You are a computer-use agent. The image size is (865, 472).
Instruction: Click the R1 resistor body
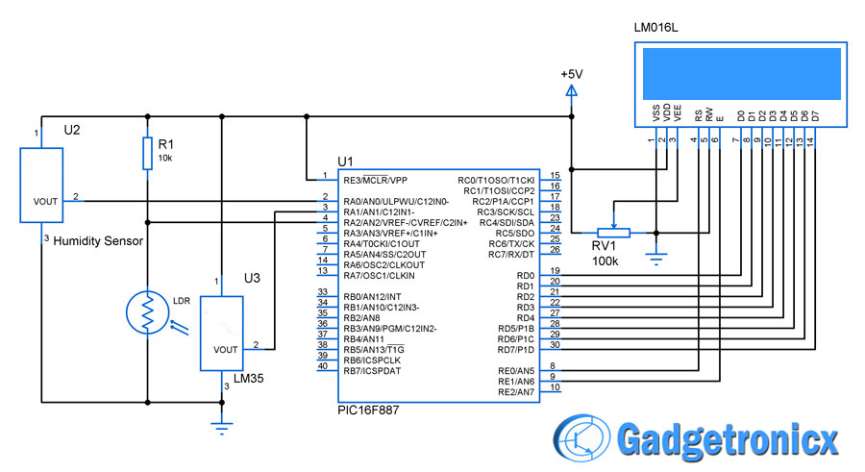(147, 153)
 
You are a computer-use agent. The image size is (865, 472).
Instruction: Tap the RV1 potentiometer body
(613, 233)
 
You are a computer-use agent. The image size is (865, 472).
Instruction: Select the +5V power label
(572, 74)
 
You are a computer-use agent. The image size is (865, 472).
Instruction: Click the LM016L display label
(655, 28)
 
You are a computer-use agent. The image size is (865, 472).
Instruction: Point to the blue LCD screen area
(742, 73)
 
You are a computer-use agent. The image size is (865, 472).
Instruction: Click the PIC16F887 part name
(368, 410)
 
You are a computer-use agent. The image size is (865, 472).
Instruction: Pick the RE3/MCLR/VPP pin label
(375, 181)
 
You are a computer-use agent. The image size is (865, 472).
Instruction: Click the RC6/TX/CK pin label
(511, 244)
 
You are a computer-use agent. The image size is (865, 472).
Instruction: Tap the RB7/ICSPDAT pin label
(372, 371)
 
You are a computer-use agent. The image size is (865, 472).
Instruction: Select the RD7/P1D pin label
(516, 350)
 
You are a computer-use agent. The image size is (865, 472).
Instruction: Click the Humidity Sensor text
(98, 241)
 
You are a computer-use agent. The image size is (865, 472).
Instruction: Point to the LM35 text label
(248, 379)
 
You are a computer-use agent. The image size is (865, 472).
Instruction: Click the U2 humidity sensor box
(41, 186)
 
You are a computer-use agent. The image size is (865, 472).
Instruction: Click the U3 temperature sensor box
(221, 334)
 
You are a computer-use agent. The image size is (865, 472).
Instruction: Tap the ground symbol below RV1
(655, 259)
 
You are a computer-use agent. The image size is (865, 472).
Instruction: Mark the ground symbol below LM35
(222, 428)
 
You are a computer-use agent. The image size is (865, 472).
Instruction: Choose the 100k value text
(605, 261)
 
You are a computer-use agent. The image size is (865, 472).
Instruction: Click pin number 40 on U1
(323, 366)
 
